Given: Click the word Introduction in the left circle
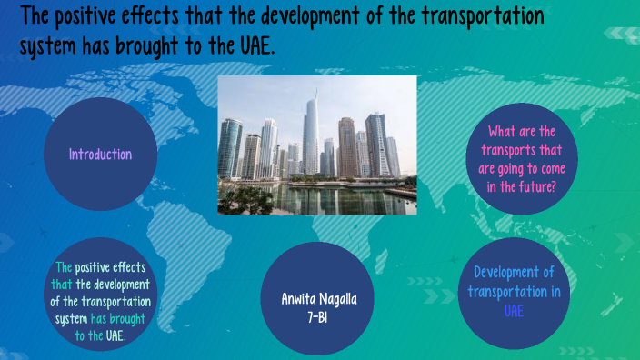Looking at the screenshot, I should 101,155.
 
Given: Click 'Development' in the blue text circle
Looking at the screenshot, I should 515,272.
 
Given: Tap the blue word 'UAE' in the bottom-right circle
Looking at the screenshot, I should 515,310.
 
